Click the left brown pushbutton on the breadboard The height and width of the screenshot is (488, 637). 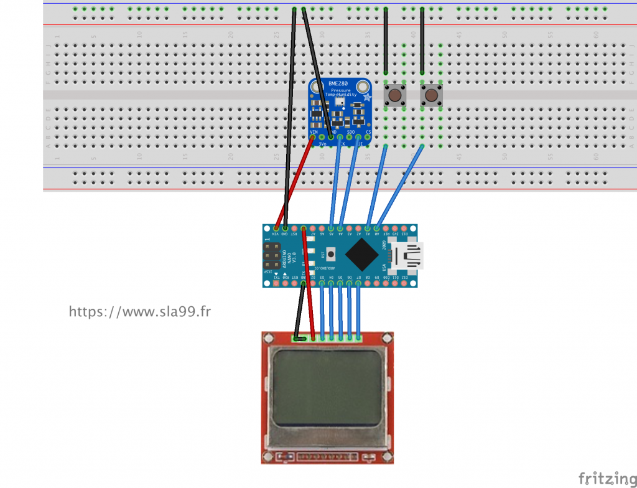click(x=394, y=95)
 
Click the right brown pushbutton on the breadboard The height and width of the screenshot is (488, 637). click(x=430, y=95)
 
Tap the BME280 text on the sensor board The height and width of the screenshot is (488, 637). click(x=339, y=84)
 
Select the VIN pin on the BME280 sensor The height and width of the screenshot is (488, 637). click(x=314, y=136)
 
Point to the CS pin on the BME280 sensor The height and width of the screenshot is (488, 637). click(x=368, y=136)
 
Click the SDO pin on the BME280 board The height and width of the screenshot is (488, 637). click(x=350, y=136)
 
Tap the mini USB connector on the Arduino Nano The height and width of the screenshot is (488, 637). click(x=406, y=255)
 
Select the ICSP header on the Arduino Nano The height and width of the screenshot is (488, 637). click(x=272, y=255)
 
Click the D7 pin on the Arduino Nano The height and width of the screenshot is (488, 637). click(x=358, y=283)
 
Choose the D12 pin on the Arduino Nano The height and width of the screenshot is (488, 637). click(x=404, y=283)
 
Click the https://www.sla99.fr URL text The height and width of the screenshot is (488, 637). click(x=139, y=311)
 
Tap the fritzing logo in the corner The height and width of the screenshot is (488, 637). click(x=603, y=477)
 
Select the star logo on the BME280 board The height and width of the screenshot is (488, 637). click(x=366, y=97)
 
